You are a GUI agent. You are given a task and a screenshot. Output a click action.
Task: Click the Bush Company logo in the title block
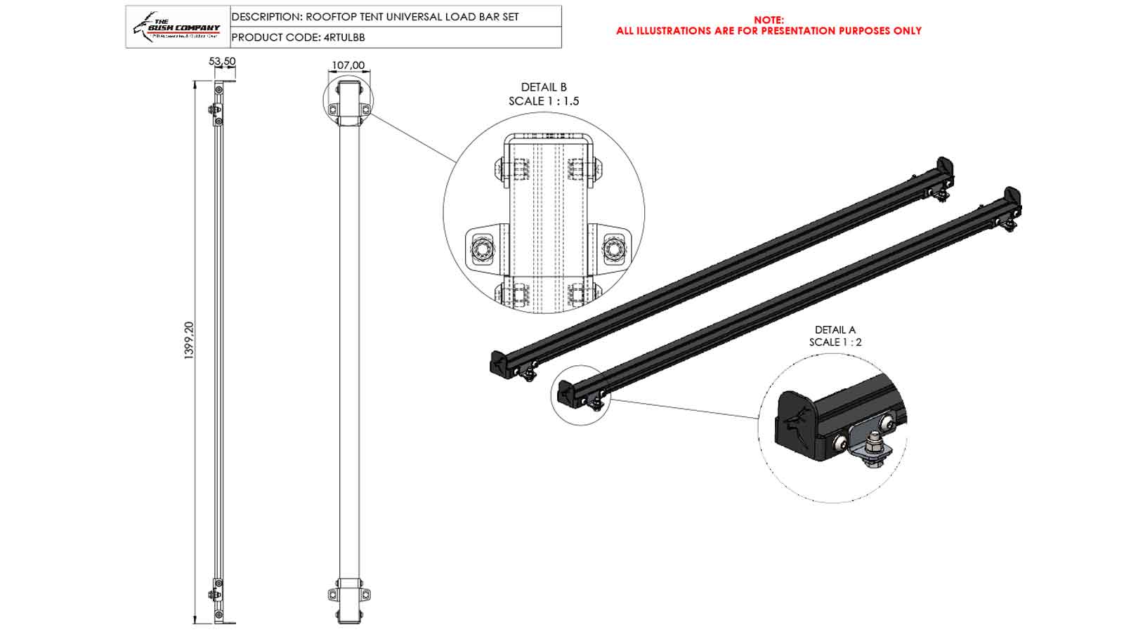[177, 27]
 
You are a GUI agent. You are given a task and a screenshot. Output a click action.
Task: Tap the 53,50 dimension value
[222, 61]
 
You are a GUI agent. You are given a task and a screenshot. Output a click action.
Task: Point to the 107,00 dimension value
[348, 65]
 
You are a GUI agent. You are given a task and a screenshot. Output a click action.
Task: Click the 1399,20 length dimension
[188, 341]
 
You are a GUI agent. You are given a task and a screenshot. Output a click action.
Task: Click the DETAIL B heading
[543, 87]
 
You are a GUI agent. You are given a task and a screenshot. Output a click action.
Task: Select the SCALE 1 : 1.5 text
[543, 101]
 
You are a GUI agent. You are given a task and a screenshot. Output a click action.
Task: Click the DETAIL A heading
[835, 329]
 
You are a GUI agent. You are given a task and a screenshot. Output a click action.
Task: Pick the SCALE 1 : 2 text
[835, 342]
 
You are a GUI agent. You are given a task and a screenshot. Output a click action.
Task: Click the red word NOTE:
[769, 20]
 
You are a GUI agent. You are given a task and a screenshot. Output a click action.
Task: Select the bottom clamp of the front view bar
[348, 594]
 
